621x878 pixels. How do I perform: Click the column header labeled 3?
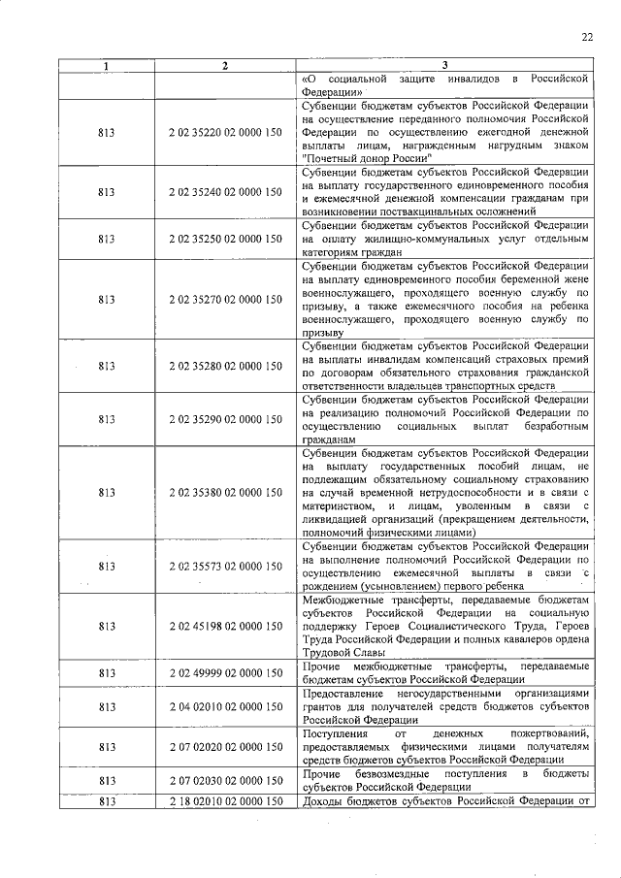pyautogui.click(x=443, y=65)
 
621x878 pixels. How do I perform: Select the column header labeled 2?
pyautogui.click(x=224, y=65)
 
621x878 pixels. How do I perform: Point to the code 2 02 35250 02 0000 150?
pyautogui.click(x=224, y=238)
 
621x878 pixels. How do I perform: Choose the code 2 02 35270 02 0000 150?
pyautogui.click(x=224, y=299)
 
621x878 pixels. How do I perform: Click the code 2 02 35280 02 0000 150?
pyautogui.click(x=224, y=366)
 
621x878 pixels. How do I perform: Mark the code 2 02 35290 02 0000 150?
pyautogui.click(x=224, y=419)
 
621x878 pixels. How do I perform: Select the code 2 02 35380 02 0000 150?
pyautogui.click(x=224, y=493)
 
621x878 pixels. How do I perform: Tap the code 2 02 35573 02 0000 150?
pyautogui.click(x=224, y=566)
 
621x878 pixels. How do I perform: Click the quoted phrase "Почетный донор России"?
pyautogui.click(x=366, y=157)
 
